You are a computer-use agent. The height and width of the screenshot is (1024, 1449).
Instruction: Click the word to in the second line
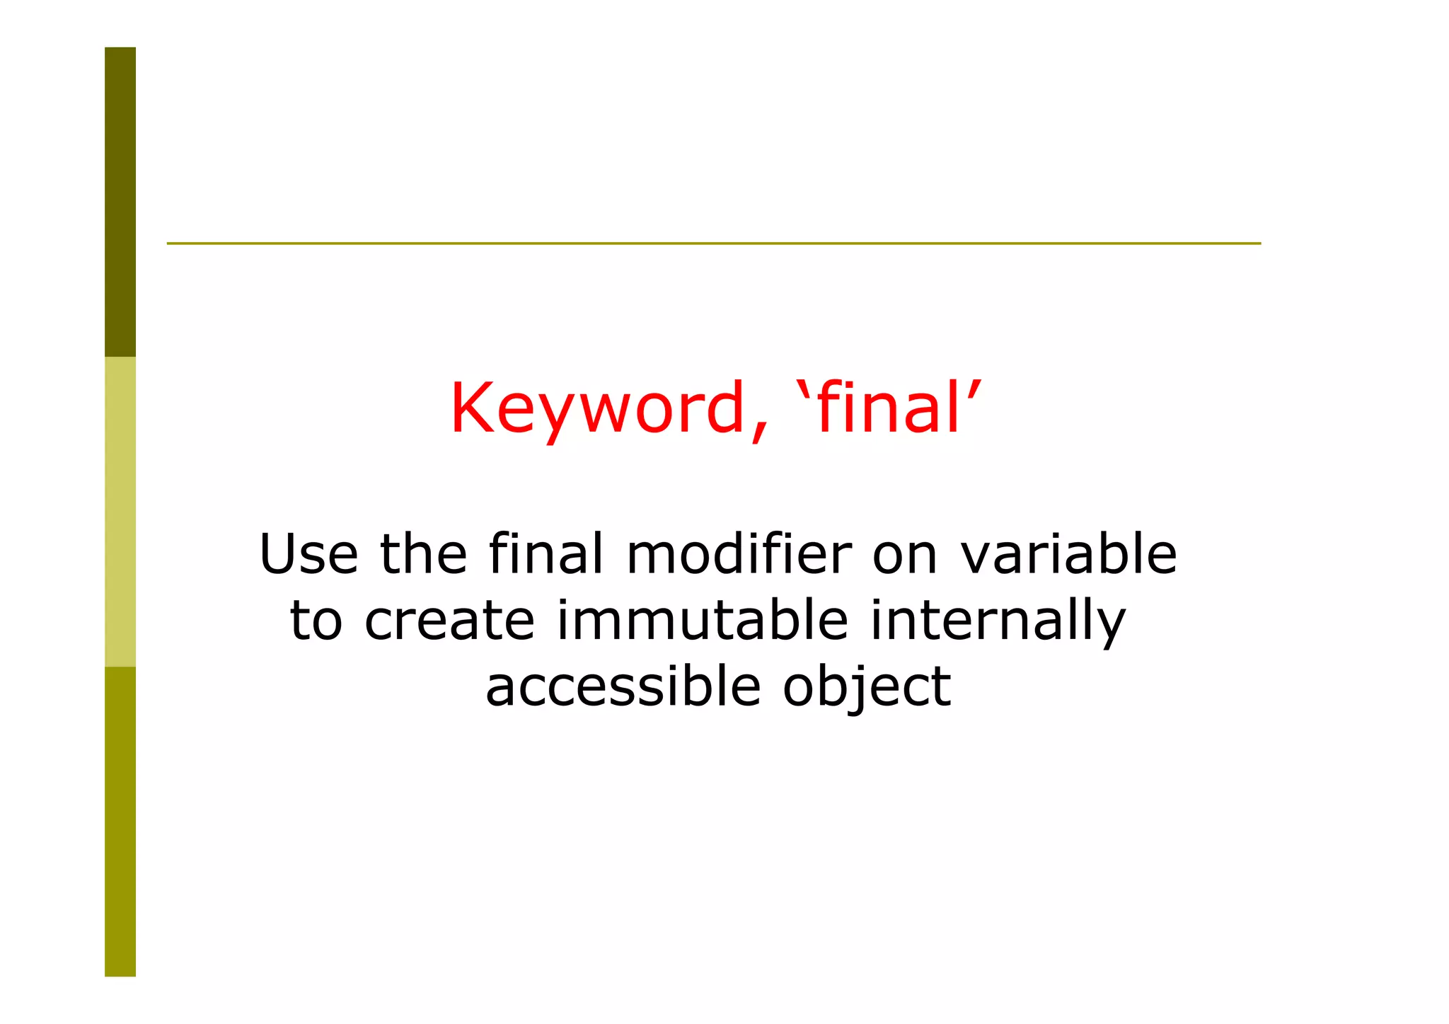(x=316, y=621)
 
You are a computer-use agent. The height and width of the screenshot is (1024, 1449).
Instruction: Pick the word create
(x=449, y=621)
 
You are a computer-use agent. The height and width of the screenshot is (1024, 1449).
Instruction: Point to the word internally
(x=997, y=621)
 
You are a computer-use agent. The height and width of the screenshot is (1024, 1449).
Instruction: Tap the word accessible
(x=623, y=686)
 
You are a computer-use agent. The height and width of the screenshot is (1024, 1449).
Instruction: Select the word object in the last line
(x=867, y=687)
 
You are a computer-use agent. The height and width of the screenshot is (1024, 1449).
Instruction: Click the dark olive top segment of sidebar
(x=120, y=202)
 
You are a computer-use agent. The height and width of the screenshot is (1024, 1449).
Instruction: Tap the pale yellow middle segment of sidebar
(x=120, y=511)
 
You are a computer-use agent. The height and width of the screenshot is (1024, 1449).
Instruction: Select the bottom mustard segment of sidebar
(x=120, y=821)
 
